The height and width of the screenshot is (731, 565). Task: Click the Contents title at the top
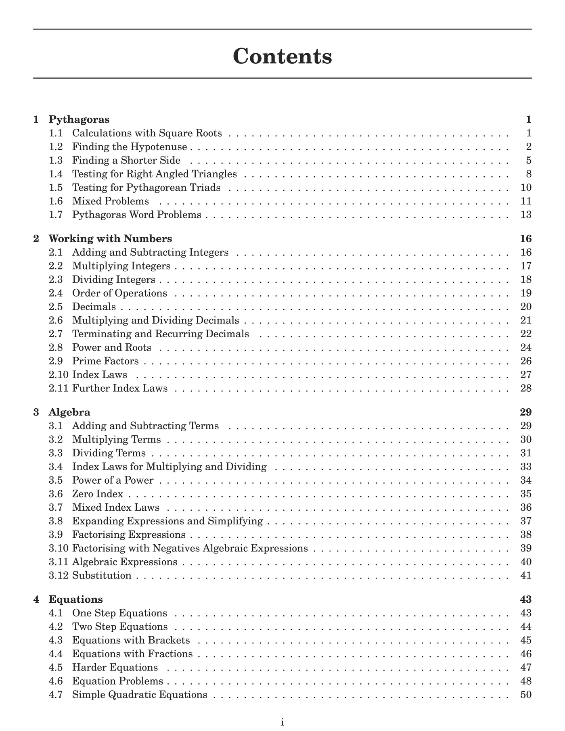tap(282, 56)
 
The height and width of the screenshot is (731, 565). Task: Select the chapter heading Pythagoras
tap(79, 119)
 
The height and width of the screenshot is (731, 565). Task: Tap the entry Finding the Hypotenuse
tap(130, 146)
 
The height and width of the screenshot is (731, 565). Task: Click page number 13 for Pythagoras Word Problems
tap(526, 215)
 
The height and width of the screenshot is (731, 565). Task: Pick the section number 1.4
tap(56, 174)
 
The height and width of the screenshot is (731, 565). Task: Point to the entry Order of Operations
tap(119, 293)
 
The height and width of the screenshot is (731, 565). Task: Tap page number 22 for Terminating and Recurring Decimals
tap(526, 334)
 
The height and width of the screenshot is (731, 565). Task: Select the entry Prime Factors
tap(105, 361)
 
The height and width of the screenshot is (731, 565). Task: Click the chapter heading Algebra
tap(69, 412)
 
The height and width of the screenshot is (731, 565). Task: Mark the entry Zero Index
tap(98, 494)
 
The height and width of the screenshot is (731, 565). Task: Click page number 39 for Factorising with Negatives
tap(526, 548)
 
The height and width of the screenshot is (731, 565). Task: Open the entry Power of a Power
tap(113, 480)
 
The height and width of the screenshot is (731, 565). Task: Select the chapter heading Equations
tap(76, 599)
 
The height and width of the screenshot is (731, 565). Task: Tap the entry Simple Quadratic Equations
tap(140, 695)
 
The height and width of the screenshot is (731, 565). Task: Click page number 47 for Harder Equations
tap(526, 667)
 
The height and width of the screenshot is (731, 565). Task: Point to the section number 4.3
tap(56, 640)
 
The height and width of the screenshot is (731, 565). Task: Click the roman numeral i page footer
tap(282, 723)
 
